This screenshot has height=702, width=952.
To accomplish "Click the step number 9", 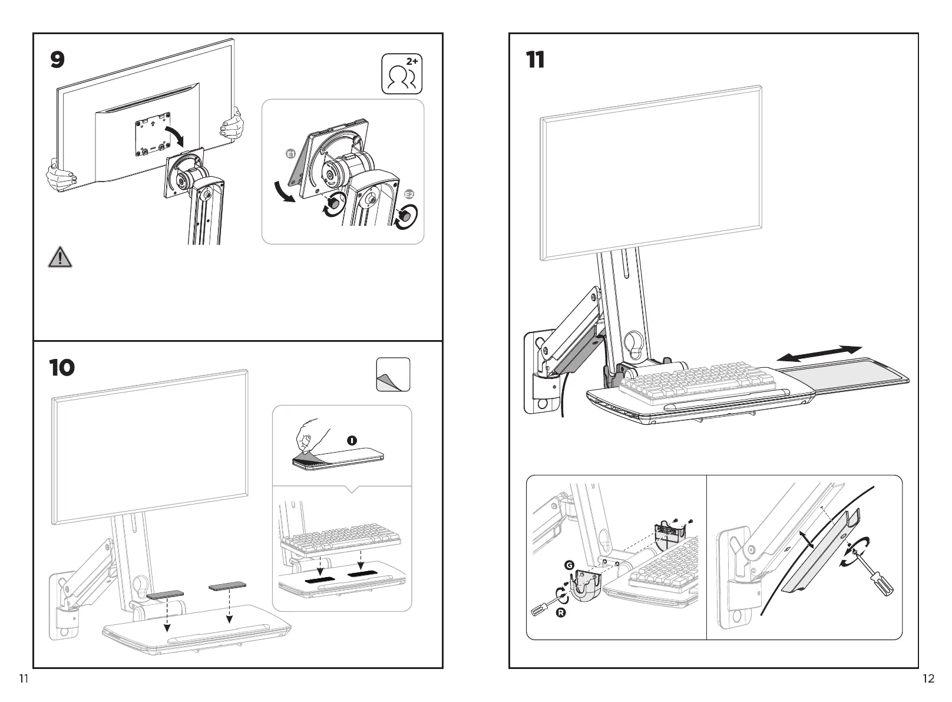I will pos(57,60).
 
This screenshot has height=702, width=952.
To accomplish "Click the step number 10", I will pos(62,368).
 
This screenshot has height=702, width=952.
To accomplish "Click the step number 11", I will pos(535,60).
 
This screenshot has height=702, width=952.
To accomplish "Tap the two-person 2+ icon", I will pos(402,74).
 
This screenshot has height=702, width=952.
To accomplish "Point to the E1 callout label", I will pos(290,154).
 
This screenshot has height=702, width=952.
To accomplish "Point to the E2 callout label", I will pos(410,195).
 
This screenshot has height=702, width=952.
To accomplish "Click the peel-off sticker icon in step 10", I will pos(393,375).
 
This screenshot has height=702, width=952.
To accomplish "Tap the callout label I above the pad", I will pos(352,440).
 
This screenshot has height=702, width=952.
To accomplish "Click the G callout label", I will pos(569,565).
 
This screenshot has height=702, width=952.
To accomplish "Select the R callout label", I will pos(562,614).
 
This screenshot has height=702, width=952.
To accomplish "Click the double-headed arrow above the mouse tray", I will pos(819,353).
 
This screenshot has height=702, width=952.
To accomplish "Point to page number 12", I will pos(928,678).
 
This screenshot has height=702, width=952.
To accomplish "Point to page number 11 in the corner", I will pos(24,678).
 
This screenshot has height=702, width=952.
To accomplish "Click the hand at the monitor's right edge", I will pos(232,124).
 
